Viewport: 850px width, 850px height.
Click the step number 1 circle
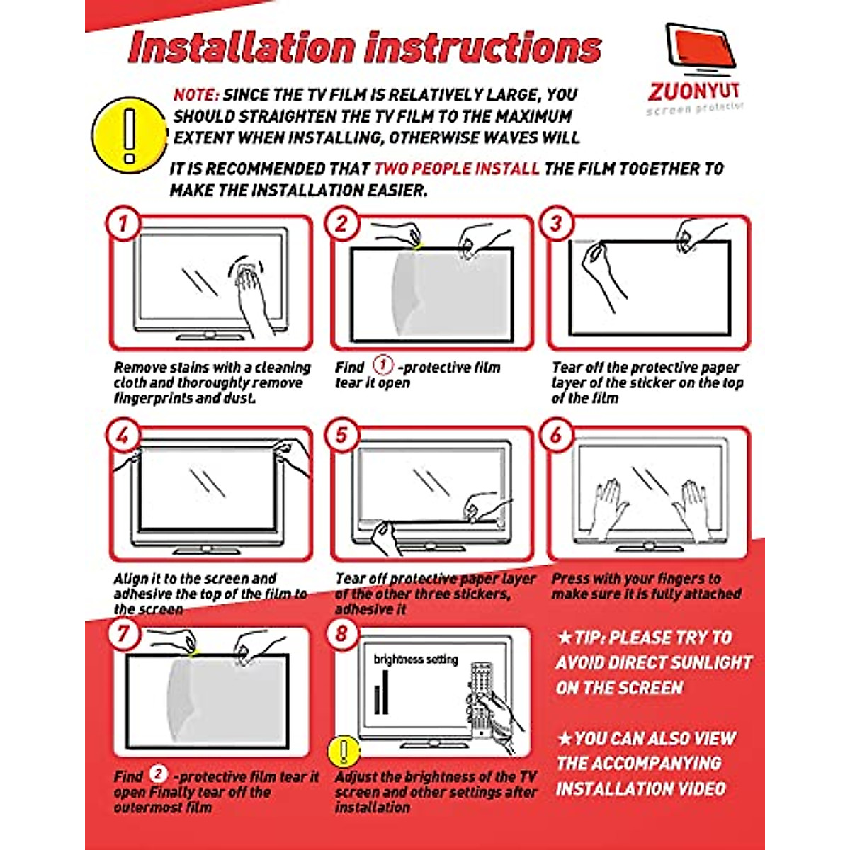[x=124, y=224]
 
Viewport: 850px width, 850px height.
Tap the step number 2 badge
[x=342, y=224]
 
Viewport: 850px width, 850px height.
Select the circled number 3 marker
[x=557, y=224]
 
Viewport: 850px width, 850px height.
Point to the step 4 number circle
[x=124, y=435]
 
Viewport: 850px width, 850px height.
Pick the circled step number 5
[x=342, y=435]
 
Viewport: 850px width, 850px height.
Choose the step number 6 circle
[x=557, y=435]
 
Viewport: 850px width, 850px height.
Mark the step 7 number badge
[x=124, y=633]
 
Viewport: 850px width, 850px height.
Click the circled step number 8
[x=342, y=633]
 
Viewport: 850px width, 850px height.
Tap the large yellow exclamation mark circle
[x=129, y=135]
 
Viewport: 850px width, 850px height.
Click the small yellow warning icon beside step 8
[x=344, y=751]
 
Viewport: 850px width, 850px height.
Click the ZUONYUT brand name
[x=694, y=92]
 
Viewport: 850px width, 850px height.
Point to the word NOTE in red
[x=196, y=95]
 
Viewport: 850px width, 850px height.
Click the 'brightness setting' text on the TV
[x=416, y=659]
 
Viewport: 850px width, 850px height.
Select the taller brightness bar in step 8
[x=386, y=691]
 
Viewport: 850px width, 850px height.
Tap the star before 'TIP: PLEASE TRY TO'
[x=565, y=637]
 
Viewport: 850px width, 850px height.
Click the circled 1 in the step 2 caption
[x=382, y=365]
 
